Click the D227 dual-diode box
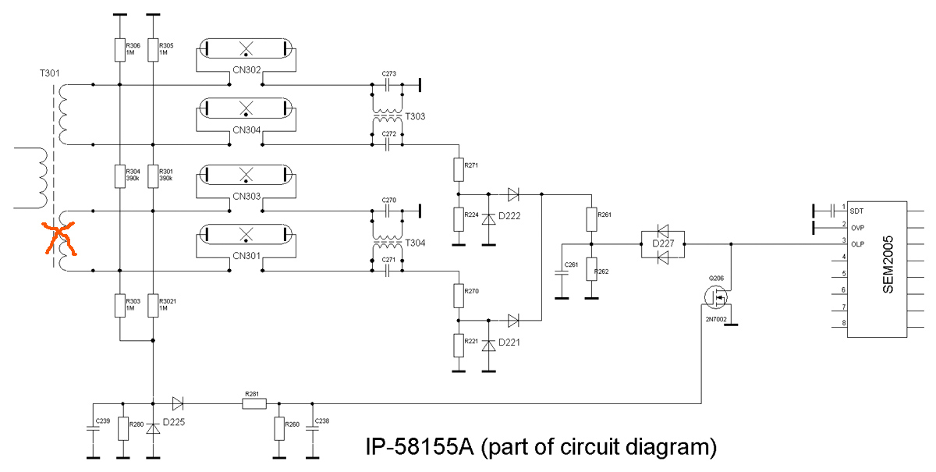662,243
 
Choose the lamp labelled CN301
246,233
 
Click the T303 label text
415,116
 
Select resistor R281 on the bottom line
254,404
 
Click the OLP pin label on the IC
857,243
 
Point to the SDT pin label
856,211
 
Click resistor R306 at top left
119,50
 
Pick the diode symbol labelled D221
489,344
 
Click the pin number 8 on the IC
843,323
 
